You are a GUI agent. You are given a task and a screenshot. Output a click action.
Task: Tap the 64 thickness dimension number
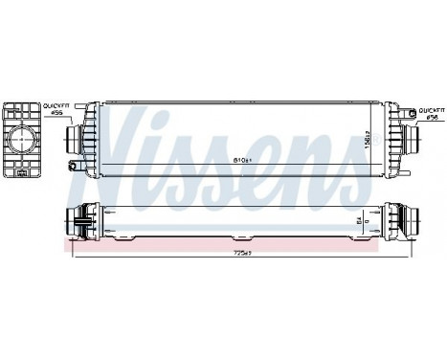pyautogui.click(x=359, y=221)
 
